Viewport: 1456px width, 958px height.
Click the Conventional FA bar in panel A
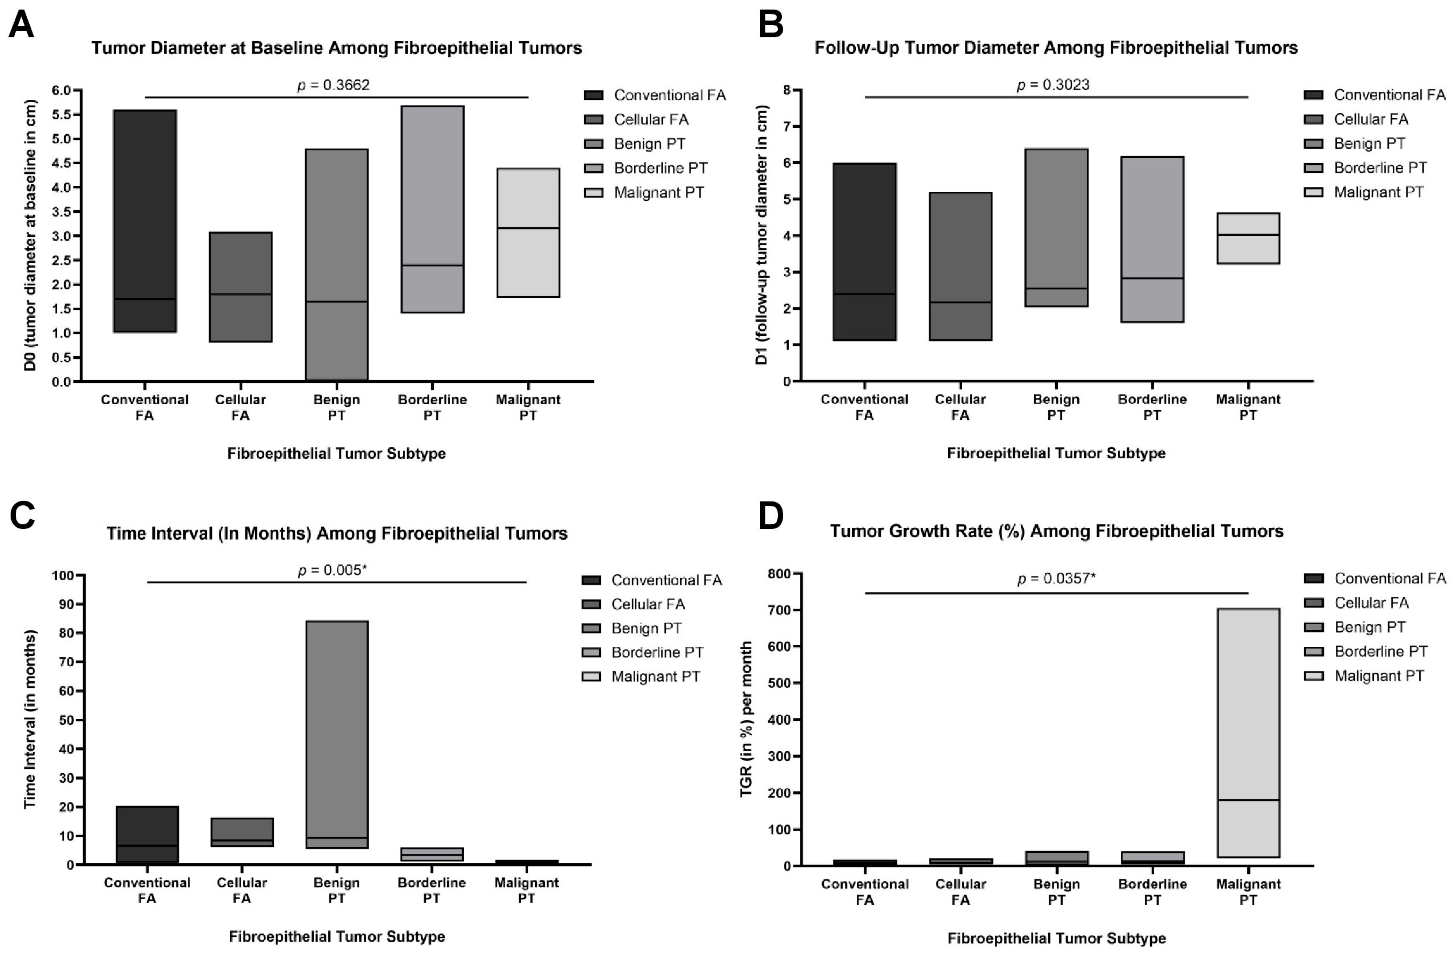pyautogui.click(x=145, y=221)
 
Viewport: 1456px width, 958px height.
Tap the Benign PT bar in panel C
pyautogui.click(x=336, y=734)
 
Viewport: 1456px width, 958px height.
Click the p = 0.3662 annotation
pyautogui.click(x=334, y=85)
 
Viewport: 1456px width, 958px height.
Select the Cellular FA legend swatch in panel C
pyautogui.click(x=591, y=604)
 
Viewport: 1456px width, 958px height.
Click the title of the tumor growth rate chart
pyautogui.click(x=1056, y=531)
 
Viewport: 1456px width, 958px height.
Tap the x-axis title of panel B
pyautogui.click(x=1056, y=453)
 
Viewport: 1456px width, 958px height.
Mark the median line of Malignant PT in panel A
pyautogui.click(x=528, y=228)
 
